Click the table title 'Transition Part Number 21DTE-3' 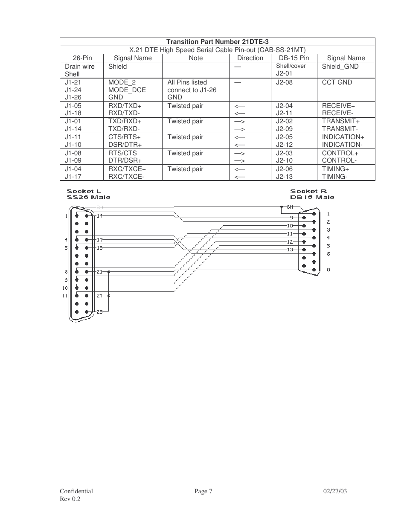(217, 42)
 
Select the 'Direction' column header (250, 58)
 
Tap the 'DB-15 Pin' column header (294, 58)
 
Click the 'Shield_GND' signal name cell (340, 67)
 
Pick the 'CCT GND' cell (337, 82)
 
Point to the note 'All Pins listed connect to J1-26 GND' (192, 90)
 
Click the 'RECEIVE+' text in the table (338, 106)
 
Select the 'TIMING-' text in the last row (334, 177)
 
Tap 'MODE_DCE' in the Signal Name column (127, 90)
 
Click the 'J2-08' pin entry (284, 82)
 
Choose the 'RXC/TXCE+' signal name (127, 169)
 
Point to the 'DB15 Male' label (312, 197)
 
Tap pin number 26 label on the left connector (99, 312)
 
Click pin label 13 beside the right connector (290, 250)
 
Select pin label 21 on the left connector (99, 271)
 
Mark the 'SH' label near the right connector (290, 207)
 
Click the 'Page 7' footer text (203, 491)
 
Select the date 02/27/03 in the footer (335, 491)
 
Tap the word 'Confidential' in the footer (76, 491)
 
